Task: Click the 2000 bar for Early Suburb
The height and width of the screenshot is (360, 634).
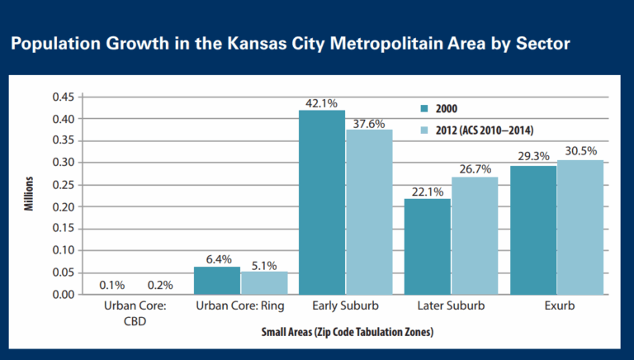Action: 322,202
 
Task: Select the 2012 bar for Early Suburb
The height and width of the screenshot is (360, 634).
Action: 369,212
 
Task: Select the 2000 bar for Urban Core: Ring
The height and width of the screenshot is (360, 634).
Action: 216,281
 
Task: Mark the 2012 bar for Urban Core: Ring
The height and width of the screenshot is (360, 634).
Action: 264,283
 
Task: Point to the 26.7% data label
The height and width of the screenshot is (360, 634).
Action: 475,169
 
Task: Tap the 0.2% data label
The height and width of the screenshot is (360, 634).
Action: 159,286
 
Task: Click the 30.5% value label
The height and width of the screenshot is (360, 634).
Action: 580,152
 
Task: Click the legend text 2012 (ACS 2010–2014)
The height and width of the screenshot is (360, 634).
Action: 477,131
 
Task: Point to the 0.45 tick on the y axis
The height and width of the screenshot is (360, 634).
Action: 64,97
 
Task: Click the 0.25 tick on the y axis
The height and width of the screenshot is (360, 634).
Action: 64,184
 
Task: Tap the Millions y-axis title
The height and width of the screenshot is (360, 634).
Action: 28,195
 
